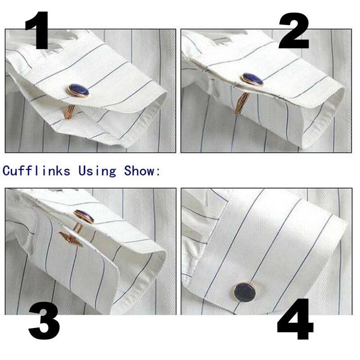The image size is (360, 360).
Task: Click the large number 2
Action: point(294,31)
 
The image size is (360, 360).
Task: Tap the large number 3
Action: point(44,321)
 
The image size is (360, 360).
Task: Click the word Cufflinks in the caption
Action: point(36,171)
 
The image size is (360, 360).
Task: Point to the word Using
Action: point(97,171)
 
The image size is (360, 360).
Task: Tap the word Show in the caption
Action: point(139,171)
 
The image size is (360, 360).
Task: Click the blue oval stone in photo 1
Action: point(79,90)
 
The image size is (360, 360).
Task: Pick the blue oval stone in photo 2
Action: point(253,79)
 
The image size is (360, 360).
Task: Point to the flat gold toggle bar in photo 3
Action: point(71,239)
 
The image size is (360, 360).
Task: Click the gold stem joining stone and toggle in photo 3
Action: point(77,227)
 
